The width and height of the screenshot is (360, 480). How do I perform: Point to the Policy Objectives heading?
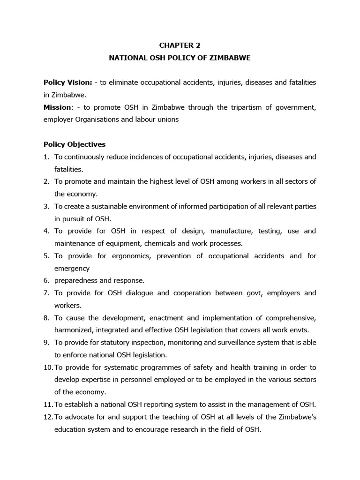coord(75,144)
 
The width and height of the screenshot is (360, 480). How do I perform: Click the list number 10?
coord(48,367)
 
